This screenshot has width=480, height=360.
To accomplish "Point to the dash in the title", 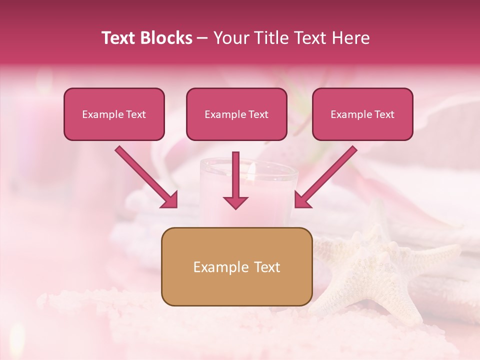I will pyautogui.click(x=202, y=38).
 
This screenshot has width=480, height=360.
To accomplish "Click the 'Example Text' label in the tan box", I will pyautogui.click(x=236, y=267).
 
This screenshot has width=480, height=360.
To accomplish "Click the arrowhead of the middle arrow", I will pyautogui.click(x=235, y=201).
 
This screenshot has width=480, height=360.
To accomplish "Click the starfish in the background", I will pyautogui.click(x=380, y=270).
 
